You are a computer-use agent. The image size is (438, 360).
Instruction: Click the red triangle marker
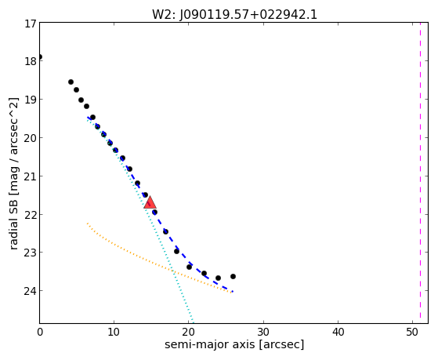coord(150,202)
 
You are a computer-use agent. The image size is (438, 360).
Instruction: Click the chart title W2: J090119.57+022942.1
coord(234,15)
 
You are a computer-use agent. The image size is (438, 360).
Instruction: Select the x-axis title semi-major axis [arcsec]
coord(234,344)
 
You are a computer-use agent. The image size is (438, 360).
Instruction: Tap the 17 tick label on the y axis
coord(30,24)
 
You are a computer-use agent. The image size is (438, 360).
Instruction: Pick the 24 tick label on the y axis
coord(30,291)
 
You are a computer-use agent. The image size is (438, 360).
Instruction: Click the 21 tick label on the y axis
coord(30,176)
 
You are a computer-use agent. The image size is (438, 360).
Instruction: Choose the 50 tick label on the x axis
coord(413,332)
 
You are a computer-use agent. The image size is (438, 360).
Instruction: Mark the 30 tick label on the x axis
coord(263,332)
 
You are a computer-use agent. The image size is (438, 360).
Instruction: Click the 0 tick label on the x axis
coord(40,332)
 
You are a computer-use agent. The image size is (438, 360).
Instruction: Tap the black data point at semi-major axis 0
coord(40,57)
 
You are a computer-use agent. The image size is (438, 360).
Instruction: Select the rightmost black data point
coord(233,276)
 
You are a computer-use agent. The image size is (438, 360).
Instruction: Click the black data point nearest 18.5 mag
coord(71,82)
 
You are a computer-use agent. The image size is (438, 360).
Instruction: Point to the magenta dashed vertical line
coord(421,173)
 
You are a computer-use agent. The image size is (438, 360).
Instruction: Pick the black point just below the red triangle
coord(154,213)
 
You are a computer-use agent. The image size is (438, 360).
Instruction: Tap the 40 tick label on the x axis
coord(338,332)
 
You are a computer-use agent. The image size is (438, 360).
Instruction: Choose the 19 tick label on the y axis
coord(30,100)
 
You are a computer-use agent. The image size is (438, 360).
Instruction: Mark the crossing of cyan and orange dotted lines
coord(173,271)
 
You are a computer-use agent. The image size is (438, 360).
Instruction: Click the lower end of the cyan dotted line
coord(194,323)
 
